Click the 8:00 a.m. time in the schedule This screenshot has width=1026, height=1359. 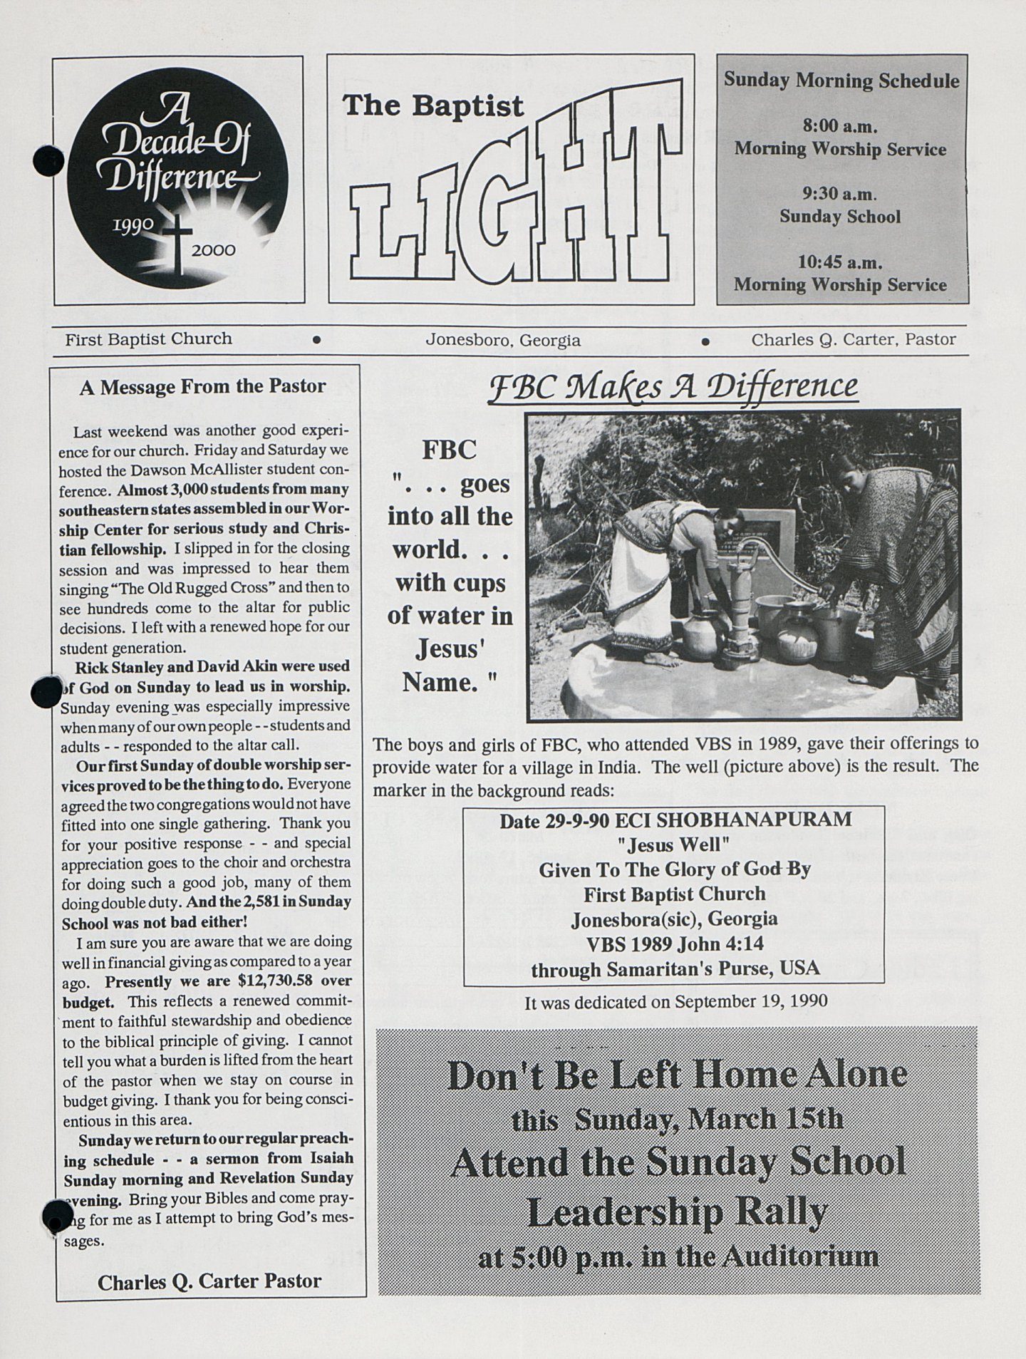pos(839,127)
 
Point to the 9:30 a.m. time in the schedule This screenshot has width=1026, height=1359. pos(839,194)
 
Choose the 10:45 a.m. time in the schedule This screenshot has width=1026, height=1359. pos(840,262)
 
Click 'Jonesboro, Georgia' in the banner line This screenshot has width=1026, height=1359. pos(502,341)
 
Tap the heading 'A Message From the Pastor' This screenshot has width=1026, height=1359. pos(202,387)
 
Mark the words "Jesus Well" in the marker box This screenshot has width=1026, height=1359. pos(673,845)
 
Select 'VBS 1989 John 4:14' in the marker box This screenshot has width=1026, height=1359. pos(673,944)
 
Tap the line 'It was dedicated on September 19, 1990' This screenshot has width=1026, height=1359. pos(675,1002)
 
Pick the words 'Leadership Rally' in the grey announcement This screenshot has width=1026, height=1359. pos(677,1211)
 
